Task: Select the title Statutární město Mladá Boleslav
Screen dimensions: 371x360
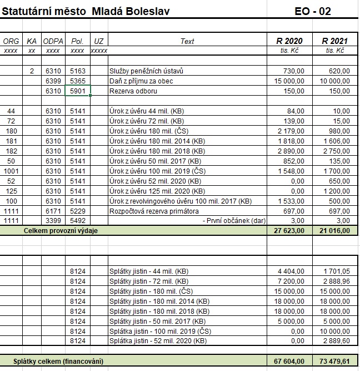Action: click(86, 11)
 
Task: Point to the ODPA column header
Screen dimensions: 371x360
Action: click(53, 41)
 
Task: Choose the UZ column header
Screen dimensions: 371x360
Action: click(99, 41)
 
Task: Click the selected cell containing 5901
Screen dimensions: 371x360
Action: click(77, 91)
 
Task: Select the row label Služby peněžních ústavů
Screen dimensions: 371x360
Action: click(146, 71)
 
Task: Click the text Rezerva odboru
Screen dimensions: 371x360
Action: click(132, 91)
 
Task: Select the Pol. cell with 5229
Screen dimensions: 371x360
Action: click(77, 211)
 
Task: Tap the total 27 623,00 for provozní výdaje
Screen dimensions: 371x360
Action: click(289, 230)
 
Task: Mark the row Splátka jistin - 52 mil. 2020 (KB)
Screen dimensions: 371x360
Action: click(159, 340)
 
